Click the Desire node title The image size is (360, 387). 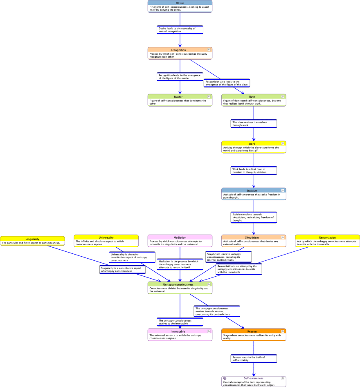click(x=180, y=2)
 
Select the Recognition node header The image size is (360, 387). click(x=178, y=50)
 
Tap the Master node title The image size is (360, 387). click(x=178, y=97)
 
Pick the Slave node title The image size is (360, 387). click(x=252, y=97)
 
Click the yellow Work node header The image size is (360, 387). click(x=252, y=144)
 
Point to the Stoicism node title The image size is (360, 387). click(x=252, y=190)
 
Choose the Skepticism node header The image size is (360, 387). click(x=252, y=237)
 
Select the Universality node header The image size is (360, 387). click(x=106, y=237)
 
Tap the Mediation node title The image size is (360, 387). click(x=180, y=237)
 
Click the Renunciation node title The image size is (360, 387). click(x=327, y=237)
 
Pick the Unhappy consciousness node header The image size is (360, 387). click(x=178, y=284)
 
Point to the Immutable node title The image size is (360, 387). click(x=178, y=331)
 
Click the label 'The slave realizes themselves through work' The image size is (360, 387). click(x=254, y=123)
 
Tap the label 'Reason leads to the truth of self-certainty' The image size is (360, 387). click(x=254, y=358)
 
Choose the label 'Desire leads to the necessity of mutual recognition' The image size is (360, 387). click(x=180, y=30)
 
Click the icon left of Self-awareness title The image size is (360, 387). click(x=225, y=378)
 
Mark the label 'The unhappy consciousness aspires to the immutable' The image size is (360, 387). click(x=180, y=322)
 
